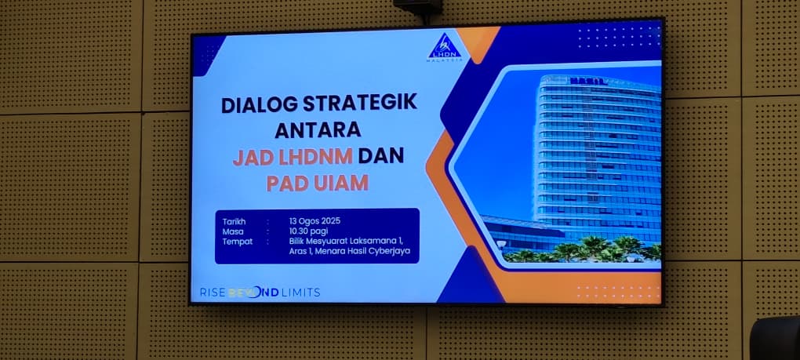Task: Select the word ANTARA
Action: coord(318,130)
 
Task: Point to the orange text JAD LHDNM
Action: coord(293,157)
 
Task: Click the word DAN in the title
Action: coord(380,155)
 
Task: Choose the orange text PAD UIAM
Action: coord(318,183)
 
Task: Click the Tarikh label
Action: coord(234,221)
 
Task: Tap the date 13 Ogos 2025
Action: coord(315,221)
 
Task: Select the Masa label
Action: coord(233,231)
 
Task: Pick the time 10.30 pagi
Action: coord(309,231)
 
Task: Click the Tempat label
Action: coord(237,242)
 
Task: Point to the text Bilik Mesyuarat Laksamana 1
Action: coord(347,242)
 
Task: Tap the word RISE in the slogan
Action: coord(212,293)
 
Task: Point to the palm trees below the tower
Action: coord(582,250)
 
